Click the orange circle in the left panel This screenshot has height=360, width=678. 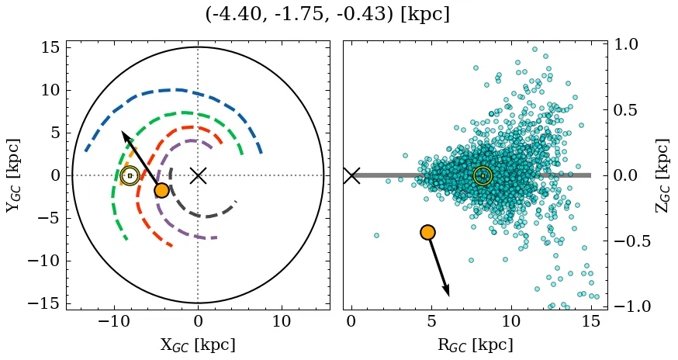pyautogui.click(x=161, y=190)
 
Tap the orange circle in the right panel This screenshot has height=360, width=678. pyautogui.click(x=427, y=232)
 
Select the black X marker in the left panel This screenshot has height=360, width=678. pyautogui.click(x=198, y=175)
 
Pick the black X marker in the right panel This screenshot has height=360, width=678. pyautogui.click(x=351, y=175)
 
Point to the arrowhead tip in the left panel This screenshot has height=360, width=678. pyautogui.click(x=122, y=132)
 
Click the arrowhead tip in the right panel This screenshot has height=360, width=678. pyautogui.click(x=448, y=295)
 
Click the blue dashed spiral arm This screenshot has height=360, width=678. pyautogui.click(x=175, y=90)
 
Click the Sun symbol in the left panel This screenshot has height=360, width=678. pyautogui.click(x=130, y=175)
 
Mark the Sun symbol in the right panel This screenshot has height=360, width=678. pyautogui.click(x=483, y=175)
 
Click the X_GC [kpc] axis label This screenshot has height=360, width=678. pyautogui.click(x=198, y=345)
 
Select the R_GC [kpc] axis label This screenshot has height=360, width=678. pyautogui.click(x=475, y=345)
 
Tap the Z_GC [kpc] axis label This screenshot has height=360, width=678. pyautogui.click(x=662, y=175)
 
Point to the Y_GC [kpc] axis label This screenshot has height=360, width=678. pyautogui.click(x=14, y=175)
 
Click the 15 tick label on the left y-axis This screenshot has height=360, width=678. pyautogui.click(x=50, y=48)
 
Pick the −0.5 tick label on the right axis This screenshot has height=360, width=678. pyautogui.click(x=635, y=241)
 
